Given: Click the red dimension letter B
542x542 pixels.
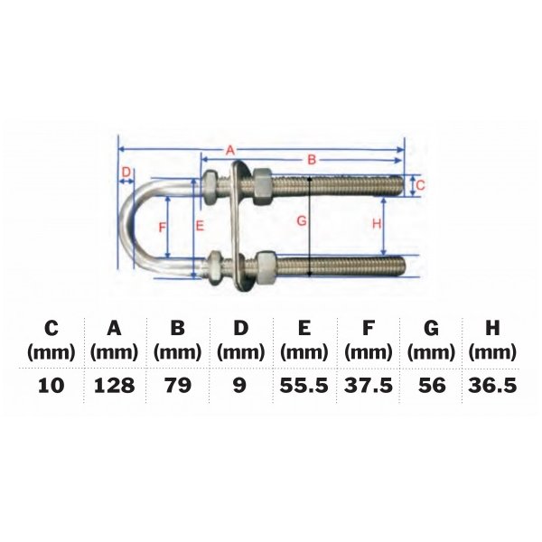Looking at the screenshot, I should [x=312, y=160].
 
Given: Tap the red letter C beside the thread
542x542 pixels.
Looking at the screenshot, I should [x=421, y=185].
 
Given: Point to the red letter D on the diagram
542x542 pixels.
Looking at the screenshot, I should [x=126, y=173].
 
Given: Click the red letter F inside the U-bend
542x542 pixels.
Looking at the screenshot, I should [x=163, y=228].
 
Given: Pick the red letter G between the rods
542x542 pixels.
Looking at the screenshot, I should [x=302, y=220].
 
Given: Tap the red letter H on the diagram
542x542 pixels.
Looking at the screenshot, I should [x=377, y=221].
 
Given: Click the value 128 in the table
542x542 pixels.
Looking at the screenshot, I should [x=115, y=386].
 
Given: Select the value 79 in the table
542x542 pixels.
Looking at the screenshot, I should [x=178, y=386].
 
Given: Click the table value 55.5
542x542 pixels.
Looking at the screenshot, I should [x=304, y=386].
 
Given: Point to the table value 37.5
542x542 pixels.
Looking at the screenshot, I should [x=368, y=386].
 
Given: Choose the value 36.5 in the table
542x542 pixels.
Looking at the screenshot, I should [x=493, y=386].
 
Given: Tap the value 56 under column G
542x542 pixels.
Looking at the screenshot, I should [x=431, y=386].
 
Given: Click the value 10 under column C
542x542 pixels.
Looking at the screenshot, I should [x=51, y=386].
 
